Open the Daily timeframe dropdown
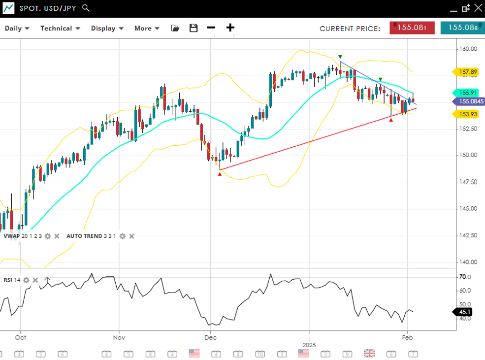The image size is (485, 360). click(17, 28)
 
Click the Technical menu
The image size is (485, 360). click(60, 28)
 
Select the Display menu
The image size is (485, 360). click(107, 28)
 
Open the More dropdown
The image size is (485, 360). click(147, 28)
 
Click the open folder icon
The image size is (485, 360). click(175, 28)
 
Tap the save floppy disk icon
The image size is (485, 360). click(194, 28)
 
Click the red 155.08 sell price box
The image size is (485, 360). click(412, 28)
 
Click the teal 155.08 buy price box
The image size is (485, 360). click(462, 28)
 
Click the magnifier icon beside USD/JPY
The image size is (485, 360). click(86, 8)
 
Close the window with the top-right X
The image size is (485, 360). click(477, 8)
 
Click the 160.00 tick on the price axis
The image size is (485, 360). click(468, 49)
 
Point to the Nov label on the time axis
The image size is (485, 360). click(119, 338)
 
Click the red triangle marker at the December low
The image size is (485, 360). click(220, 174)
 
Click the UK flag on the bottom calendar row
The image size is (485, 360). click(369, 353)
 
